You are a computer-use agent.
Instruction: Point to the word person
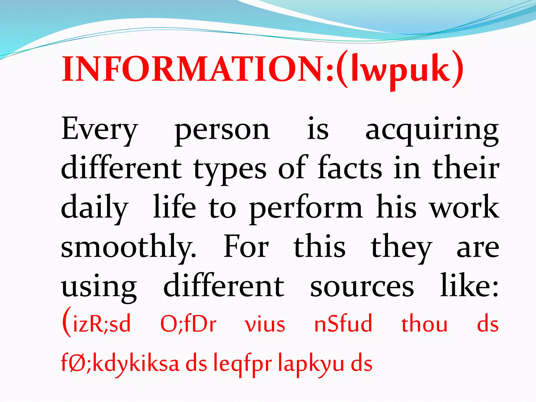(222, 131)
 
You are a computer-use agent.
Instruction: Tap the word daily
(94, 208)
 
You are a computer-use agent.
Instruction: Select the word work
(465, 207)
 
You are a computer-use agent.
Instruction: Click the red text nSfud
(343, 323)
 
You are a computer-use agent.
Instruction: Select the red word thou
(424, 323)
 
